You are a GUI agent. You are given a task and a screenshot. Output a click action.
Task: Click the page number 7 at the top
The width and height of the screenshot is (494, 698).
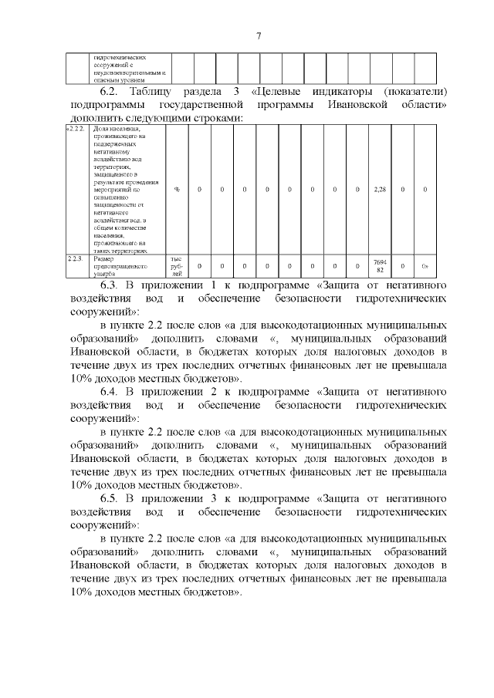259,35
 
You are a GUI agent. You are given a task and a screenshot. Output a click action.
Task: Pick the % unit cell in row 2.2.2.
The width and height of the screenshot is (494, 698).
177,189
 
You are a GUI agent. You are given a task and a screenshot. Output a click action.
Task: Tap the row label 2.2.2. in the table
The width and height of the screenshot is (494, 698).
75,130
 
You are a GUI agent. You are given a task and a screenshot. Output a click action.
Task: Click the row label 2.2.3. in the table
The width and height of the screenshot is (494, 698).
75,259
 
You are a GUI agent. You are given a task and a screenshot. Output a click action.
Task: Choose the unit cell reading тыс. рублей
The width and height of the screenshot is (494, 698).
177,266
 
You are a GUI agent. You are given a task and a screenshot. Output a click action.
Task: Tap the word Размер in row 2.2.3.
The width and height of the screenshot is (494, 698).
103,259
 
